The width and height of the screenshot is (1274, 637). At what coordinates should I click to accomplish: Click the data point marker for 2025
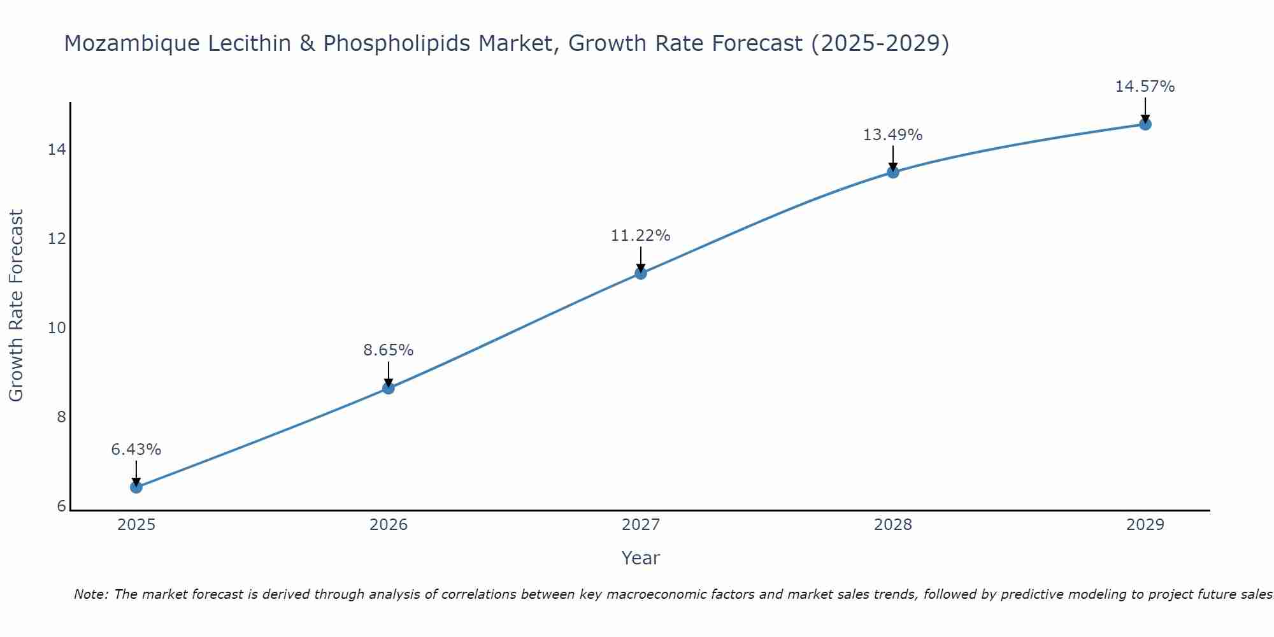coord(136,487)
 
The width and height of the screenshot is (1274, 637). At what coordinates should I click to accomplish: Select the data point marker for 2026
coord(389,388)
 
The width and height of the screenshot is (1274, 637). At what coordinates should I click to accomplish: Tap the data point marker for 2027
coord(641,273)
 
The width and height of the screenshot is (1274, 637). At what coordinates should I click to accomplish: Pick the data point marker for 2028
coord(893,172)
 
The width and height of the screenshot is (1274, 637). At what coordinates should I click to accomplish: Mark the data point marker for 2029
coord(1145,124)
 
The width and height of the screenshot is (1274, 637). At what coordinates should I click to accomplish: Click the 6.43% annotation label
coord(136,450)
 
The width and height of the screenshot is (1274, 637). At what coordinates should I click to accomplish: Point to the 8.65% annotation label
coord(389,350)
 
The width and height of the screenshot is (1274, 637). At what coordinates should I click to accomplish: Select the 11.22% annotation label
coord(641,236)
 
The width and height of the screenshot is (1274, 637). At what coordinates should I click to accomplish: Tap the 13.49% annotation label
coord(893,135)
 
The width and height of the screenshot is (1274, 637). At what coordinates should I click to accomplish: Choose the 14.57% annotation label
coord(1145,87)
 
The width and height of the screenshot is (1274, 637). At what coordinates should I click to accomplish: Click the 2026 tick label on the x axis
coord(389,525)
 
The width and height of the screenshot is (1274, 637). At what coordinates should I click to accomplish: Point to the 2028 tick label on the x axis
coord(893,525)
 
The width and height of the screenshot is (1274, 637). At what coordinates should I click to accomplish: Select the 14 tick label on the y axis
coord(57,150)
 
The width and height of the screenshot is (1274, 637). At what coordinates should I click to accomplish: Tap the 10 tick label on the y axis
coord(57,328)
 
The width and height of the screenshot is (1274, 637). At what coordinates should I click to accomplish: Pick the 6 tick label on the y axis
coord(61,506)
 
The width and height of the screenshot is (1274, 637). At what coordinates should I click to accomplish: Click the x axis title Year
coord(641,558)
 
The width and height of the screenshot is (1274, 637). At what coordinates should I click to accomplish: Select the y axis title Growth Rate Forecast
coord(16,306)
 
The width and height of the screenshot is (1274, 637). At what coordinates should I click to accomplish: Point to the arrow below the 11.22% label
coord(641,260)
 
